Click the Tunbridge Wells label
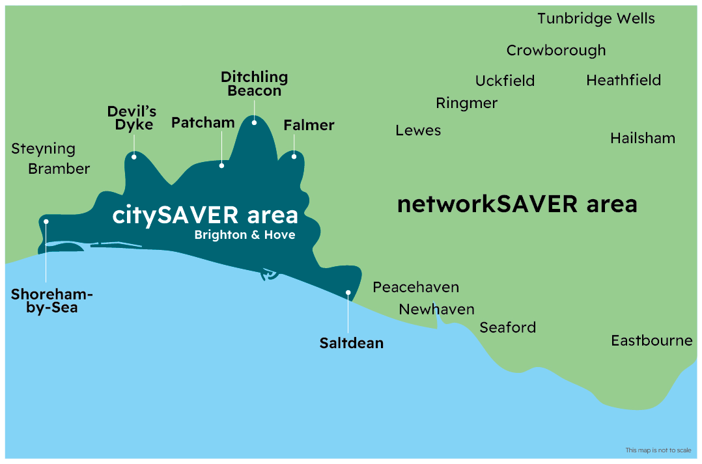click(x=596, y=18)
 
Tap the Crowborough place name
click(x=555, y=51)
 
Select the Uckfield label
click(x=505, y=81)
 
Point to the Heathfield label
click(x=623, y=80)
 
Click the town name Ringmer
click(x=466, y=103)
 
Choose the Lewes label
click(x=418, y=130)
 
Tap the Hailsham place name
click(x=642, y=138)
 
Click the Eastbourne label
click(x=651, y=340)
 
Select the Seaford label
click(x=507, y=327)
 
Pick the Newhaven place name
click(x=436, y=309)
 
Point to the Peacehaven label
click(x=415, y=287)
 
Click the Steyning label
click(x=43, y=148)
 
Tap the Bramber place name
click(x=59, y=169)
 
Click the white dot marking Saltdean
click(x=348, y=293)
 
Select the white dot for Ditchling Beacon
click(x=254, y=122)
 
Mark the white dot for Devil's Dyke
click(x=133, y=156)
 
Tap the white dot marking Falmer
click(x=294, y=156)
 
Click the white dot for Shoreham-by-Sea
click(x=46, y=221)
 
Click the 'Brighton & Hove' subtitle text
click(x=244, y=235)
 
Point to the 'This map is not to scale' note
click(x=657, y=450)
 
